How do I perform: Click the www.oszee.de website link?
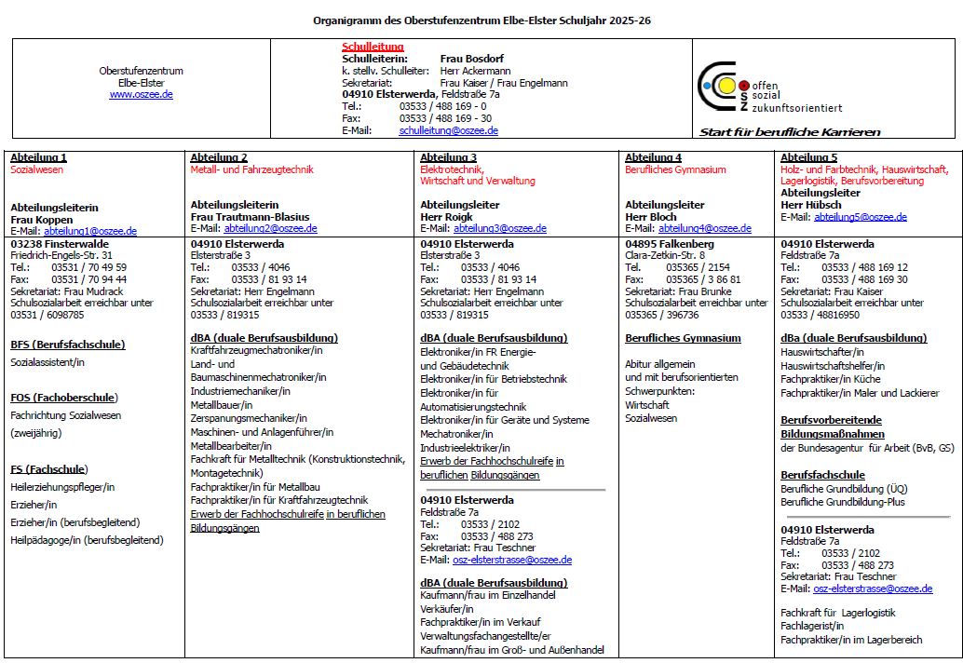point(141,94)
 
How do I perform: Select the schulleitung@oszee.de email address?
point(448,130)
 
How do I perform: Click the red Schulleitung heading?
point(373,47)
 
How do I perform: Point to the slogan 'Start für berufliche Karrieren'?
point(790,132)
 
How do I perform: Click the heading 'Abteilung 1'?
point(38,157)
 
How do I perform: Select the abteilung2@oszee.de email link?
point(270,228)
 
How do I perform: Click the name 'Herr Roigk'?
point(446,217)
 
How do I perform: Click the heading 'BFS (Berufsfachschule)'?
point(67,345)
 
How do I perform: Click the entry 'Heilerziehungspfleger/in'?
point(62,487)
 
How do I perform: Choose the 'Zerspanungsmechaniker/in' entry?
point(249,419)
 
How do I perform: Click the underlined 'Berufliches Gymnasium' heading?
point(683,338)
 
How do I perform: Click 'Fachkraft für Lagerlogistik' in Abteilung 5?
point(838,612)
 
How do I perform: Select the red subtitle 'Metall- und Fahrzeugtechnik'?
point(251,169)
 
